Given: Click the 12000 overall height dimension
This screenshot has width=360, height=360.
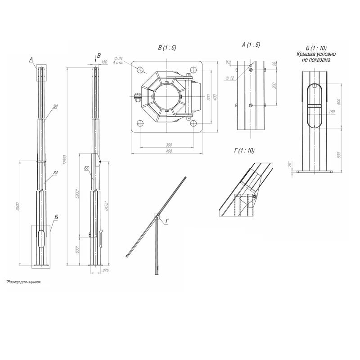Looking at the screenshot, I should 65,159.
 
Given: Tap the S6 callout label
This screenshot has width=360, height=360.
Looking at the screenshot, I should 86,168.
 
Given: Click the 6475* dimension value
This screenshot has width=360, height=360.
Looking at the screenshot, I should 106,207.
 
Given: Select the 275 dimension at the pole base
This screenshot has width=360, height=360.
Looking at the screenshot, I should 106,270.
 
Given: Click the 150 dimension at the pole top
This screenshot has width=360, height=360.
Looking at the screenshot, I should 104,63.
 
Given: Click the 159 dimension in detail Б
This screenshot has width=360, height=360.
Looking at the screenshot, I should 332,112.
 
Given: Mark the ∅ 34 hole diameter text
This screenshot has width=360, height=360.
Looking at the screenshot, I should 119,58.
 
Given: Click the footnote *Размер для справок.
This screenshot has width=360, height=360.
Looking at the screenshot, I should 23,281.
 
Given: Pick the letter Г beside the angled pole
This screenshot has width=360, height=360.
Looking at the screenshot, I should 167,220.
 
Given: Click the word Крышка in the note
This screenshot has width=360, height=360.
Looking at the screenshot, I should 306,54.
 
